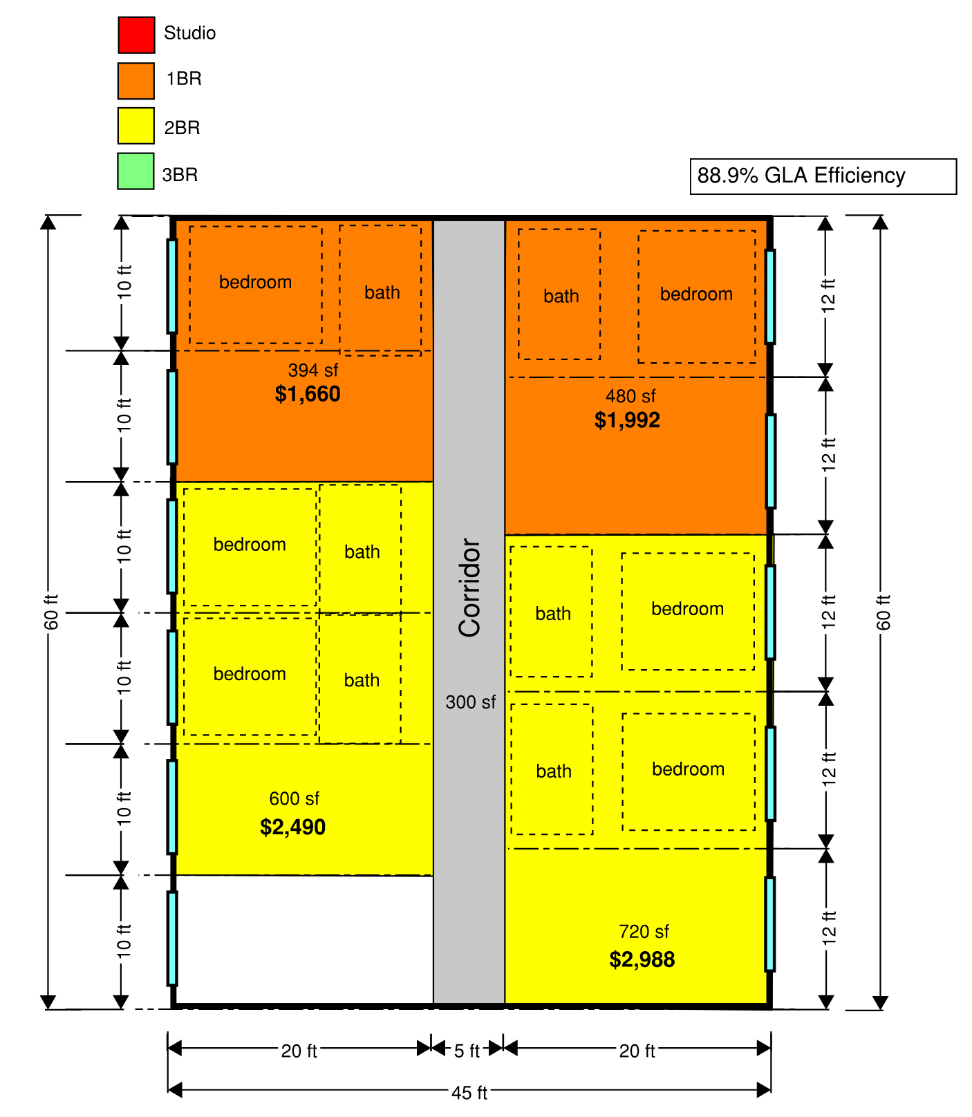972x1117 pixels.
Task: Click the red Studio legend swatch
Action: [136, 35]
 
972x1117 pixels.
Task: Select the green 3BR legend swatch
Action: [135, 171]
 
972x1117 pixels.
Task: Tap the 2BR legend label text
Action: [182, 128]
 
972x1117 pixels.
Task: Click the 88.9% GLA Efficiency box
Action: [823, 176]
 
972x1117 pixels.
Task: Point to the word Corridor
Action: [470, 588]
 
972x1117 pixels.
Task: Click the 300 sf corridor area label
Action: [470, 702]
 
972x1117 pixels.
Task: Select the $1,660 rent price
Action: [308, 394]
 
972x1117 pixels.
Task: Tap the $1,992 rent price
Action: [627, 420]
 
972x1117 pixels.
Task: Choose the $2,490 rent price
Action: [292, 827]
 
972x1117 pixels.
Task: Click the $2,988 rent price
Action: [642, 959]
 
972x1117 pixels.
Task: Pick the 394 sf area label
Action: [313, 370]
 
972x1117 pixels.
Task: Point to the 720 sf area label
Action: [644, 932]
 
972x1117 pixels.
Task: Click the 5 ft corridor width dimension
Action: [467, 1051]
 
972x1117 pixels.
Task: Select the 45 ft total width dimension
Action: [469, 1092]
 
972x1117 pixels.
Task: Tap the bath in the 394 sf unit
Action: [381, 290]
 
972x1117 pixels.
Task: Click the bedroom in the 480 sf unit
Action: [697, 297]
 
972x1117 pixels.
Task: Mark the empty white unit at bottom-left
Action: [304, 939]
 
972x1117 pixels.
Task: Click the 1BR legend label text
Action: [184, 79]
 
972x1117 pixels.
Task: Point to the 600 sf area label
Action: [294, 799]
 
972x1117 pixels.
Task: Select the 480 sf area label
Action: [630, 397]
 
